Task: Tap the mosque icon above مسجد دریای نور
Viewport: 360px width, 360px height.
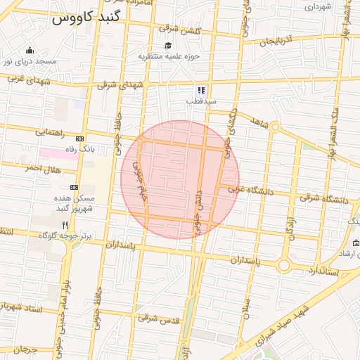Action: [30, 50]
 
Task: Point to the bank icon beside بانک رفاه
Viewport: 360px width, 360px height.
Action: [79, 139]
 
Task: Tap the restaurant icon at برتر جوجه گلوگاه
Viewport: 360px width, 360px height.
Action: [65, 225]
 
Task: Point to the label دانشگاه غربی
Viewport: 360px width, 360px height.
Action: [250, 189]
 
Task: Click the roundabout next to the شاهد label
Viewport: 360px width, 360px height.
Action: [276, 127]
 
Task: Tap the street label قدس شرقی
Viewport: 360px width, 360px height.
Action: [159, 319]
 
